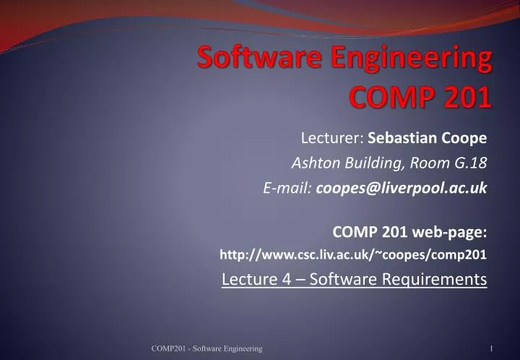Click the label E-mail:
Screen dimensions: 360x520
(x=287, y=188)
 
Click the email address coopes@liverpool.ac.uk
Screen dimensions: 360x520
(x=401, y=188)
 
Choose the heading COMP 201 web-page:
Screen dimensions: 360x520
(x=409, y=231)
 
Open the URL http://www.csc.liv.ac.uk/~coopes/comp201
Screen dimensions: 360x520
(x=353, y=254)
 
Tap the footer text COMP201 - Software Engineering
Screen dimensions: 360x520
(x=207, y=349)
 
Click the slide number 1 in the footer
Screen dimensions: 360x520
(x=490, y=349)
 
